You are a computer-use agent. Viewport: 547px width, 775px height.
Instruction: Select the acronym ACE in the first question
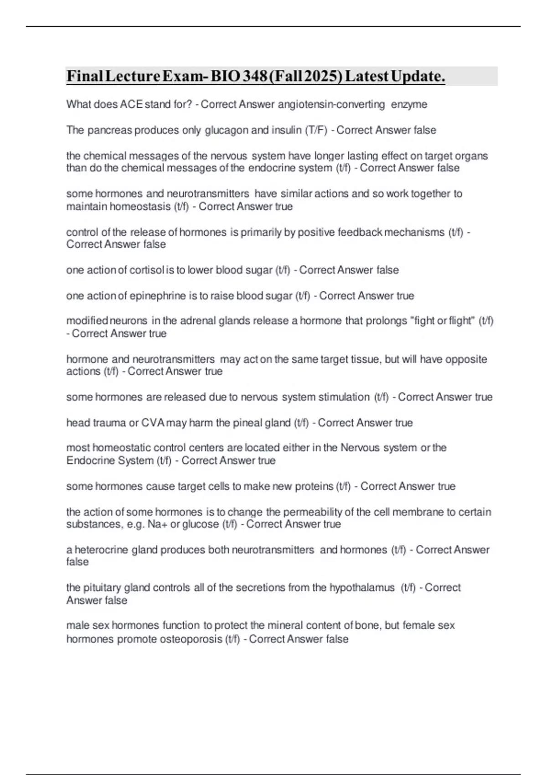(132, 104)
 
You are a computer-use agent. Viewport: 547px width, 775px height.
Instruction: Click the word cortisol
(147, 270)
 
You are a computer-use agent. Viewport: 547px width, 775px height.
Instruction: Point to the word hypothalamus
(362, 588)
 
